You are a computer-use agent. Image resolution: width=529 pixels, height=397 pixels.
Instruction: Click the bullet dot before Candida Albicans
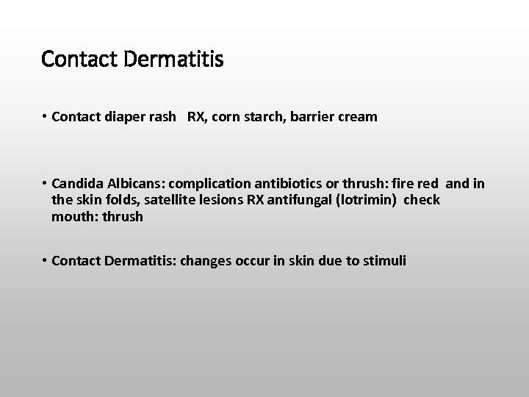point(45,184)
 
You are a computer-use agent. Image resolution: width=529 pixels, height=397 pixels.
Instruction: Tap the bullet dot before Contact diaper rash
point(45,117)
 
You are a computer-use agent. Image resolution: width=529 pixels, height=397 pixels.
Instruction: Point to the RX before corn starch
point(196,117)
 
